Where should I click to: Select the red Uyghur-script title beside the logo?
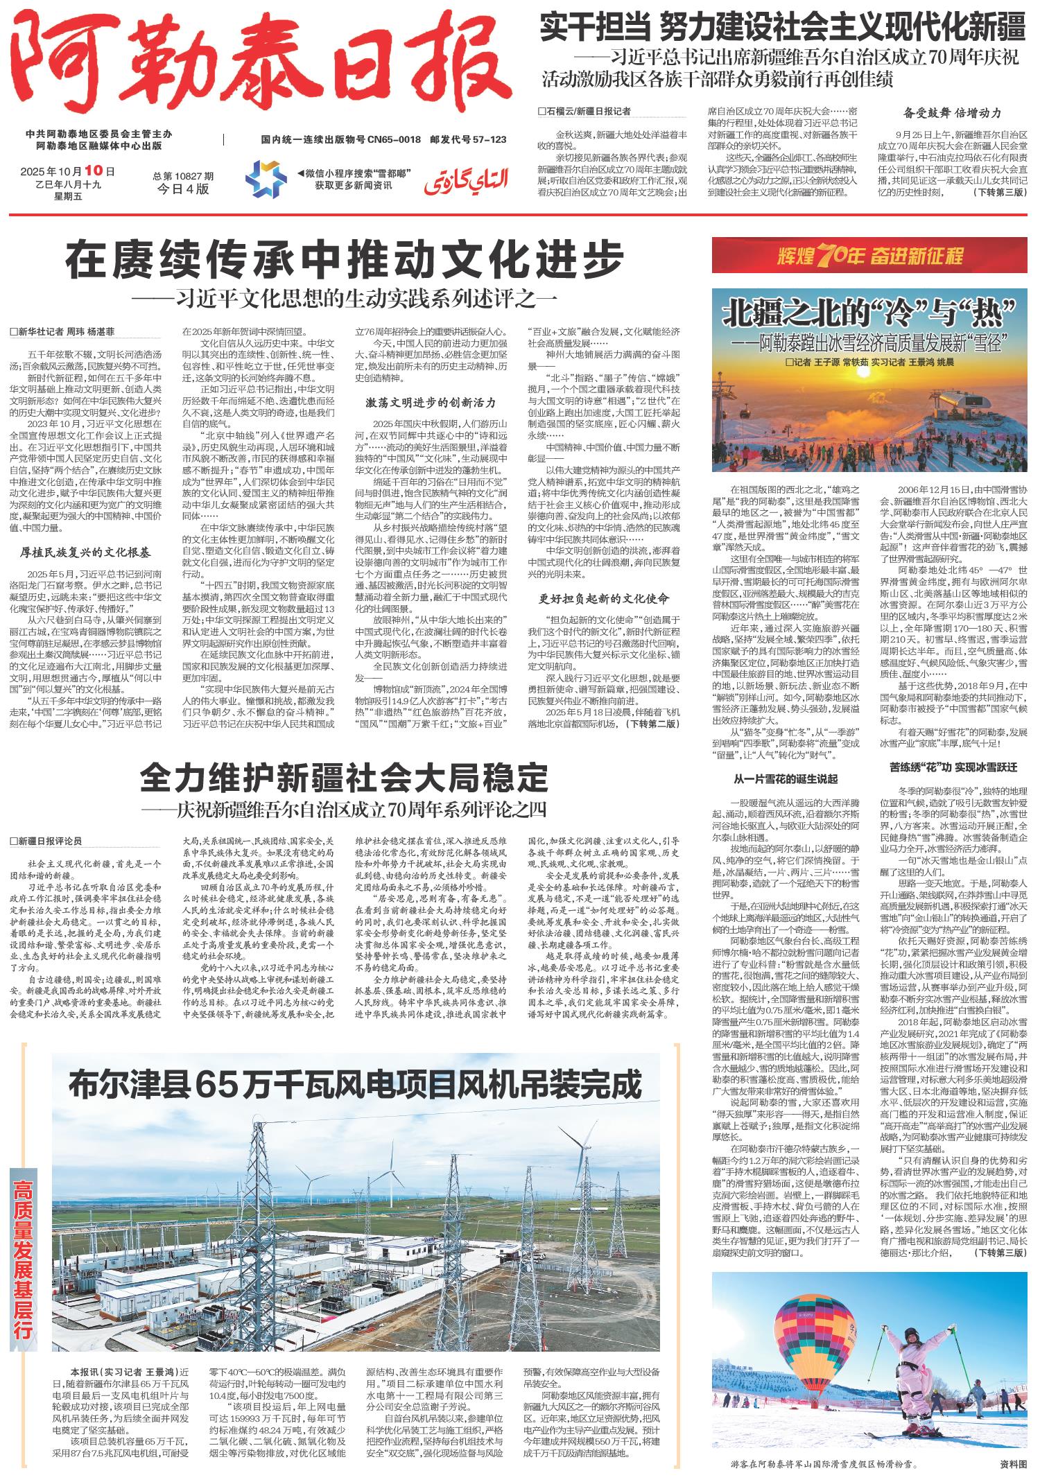point(466,180)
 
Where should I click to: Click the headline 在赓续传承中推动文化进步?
point(345,260)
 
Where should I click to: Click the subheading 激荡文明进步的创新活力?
point(431,402)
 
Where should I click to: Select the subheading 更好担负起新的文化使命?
point(604,598)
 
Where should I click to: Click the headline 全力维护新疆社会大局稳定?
point(344,778)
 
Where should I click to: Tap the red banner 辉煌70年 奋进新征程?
point(869,255)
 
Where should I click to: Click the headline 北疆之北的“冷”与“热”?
point(869,314)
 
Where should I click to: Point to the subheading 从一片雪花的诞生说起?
point(786,778)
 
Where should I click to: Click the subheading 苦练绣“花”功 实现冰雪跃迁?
point(953,767)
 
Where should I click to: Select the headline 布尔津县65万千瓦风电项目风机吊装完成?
point(354,1085)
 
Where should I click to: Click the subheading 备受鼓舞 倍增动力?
point(953,113)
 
